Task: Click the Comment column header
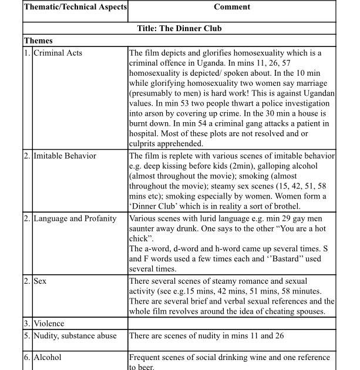pos(231,7)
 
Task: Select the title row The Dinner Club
pos(179,28)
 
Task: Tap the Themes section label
pos(39,41)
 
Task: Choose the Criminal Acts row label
pos(58,53)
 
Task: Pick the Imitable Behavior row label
pos(65,156)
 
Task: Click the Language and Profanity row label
pos(75,218)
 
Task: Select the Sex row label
pos(41,281)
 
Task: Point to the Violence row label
pos(49,323)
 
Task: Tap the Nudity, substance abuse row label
pos(75,336)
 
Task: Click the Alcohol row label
pos(47,357)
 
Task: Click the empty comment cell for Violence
pos(231,323)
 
